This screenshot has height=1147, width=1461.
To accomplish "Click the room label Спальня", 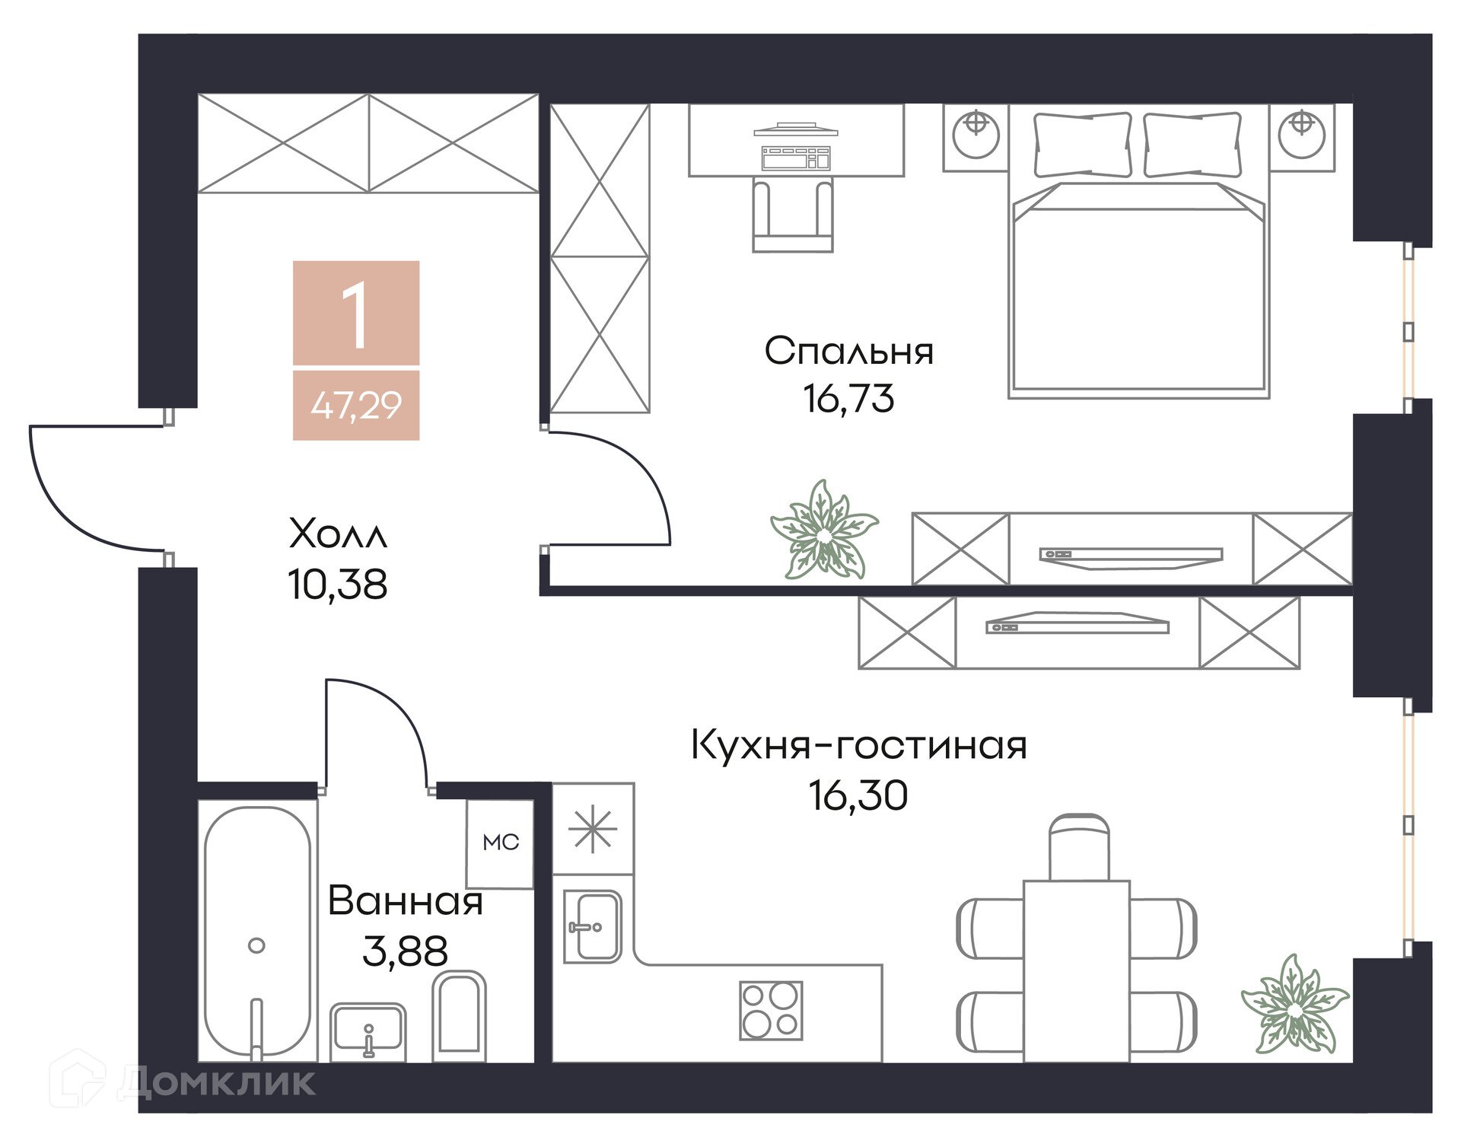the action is [848, 351].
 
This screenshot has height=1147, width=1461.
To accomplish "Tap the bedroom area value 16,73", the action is [848, 398].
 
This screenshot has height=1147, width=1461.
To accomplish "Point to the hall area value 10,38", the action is [338, 585].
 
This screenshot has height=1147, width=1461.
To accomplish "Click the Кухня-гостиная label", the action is [859, 745].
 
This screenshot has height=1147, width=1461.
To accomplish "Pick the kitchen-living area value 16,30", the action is [858, 795].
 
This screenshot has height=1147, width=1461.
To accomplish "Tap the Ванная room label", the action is [406, 901].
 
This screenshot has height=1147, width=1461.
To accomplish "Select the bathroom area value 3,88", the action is [406, 951].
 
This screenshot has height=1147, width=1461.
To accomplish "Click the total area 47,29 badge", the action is [356, 405].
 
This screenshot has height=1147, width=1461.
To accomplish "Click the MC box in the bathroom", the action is [501, 843].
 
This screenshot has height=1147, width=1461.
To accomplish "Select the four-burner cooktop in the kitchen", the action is [772, 1010].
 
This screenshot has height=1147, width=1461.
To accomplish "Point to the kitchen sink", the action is [593, 927].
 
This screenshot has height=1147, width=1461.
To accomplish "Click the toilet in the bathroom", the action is [459, 1015].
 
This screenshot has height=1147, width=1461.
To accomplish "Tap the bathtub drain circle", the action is [256, 945].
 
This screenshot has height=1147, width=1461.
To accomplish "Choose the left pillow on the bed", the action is [1082, 145].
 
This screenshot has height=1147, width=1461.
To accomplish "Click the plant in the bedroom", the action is [825, 530].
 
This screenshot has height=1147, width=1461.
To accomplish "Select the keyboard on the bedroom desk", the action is [796, 158].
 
